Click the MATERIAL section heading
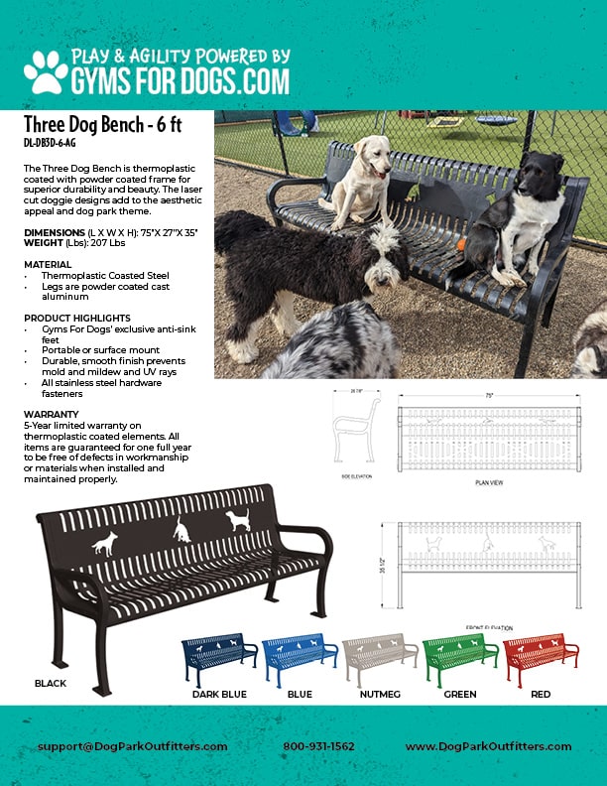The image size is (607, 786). [48, 265]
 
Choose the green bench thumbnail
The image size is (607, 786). [460, 654]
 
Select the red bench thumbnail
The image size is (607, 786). [541, 654]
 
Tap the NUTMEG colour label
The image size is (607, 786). [380, 695]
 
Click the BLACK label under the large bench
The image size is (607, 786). [50, 684]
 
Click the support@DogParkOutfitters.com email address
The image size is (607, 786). [133, 746]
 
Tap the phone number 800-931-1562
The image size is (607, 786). [317, 746]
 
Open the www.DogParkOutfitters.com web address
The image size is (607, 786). [488, 746]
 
